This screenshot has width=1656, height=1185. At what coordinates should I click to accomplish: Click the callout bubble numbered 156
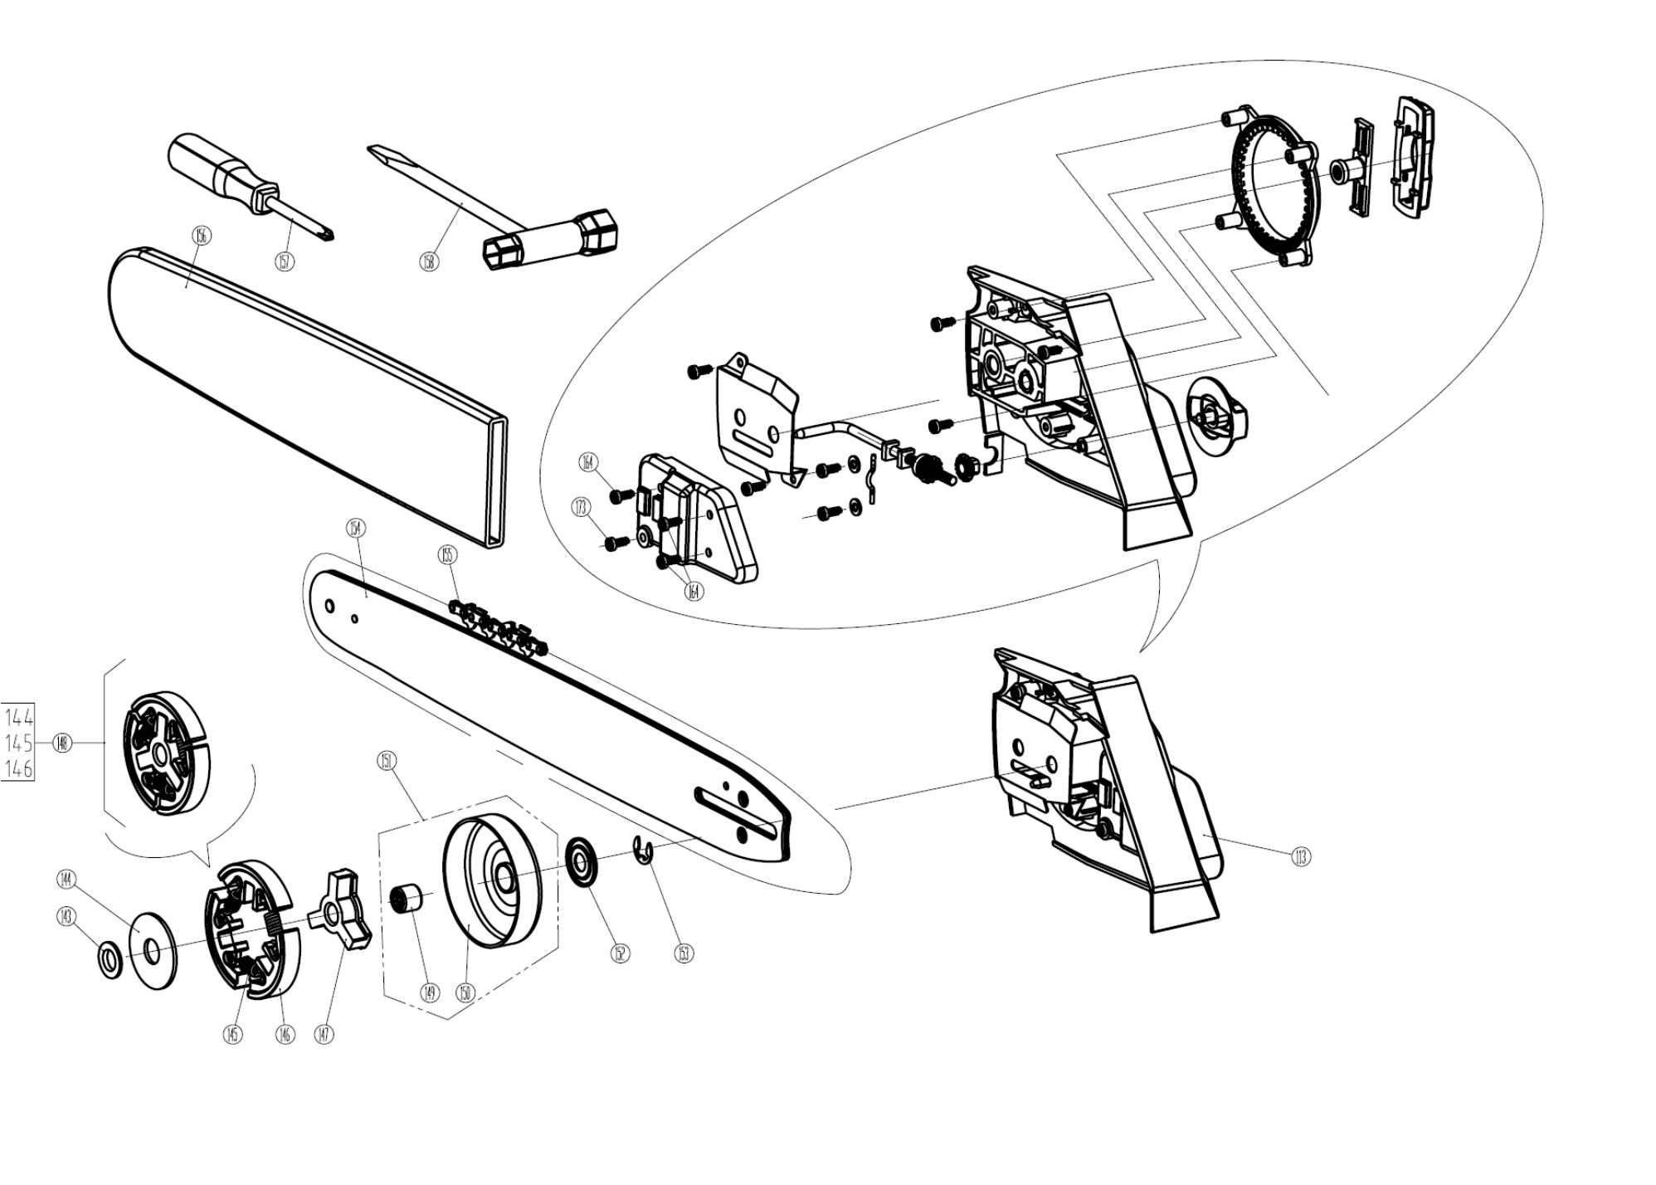201,235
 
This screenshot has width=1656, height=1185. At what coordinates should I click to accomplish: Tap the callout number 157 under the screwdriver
285,261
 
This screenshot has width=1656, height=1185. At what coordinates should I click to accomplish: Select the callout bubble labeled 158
428,261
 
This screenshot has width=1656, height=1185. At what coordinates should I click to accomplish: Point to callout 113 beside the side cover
1301,856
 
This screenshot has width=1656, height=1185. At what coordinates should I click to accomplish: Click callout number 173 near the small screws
581,505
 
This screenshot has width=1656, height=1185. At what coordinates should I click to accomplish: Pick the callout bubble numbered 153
683,953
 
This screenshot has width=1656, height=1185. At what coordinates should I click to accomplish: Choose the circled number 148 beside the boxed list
62,743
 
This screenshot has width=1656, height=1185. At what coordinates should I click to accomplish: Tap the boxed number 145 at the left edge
19,743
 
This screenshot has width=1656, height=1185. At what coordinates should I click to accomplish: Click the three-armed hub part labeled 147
340,909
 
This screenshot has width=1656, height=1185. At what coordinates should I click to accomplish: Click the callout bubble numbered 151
387,760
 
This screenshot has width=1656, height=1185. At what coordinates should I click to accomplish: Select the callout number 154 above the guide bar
355,528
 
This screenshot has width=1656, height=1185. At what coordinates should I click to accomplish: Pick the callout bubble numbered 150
465,992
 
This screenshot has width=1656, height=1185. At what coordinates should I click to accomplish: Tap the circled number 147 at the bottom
324,1034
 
